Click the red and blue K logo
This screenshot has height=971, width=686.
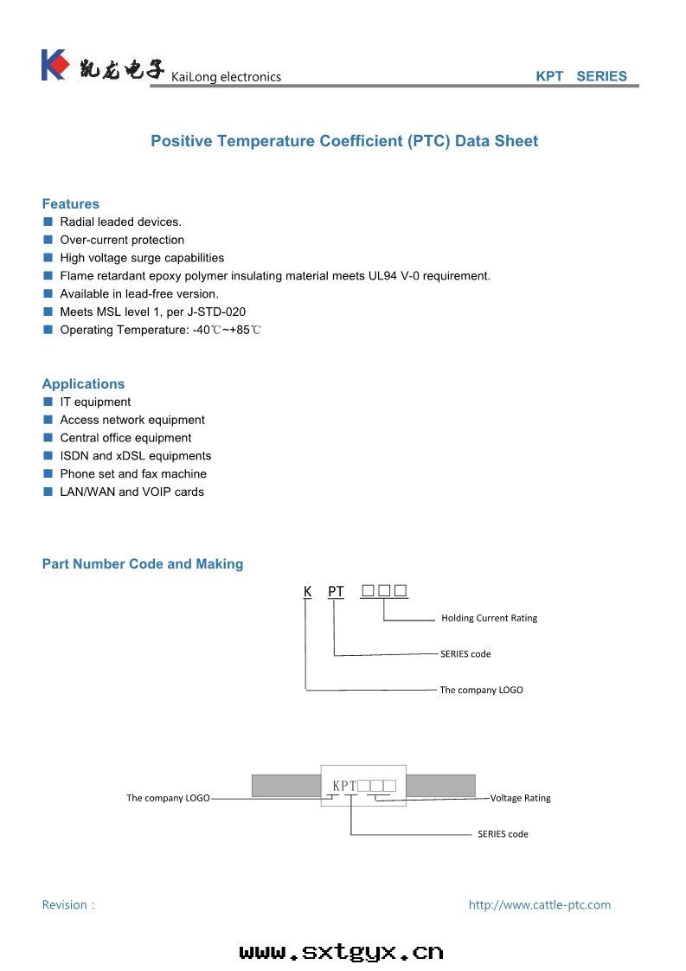coord(54,65)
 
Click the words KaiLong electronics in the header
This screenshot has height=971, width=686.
coord(227,77)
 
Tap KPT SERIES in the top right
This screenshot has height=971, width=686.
coord(581,76)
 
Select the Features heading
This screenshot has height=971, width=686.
coord(71,204)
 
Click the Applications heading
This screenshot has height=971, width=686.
coord(83,384)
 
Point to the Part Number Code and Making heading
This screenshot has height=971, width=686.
coord(143,564)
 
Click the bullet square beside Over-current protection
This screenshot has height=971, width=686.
coord(48,240)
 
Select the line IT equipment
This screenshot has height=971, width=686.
coord(95,402)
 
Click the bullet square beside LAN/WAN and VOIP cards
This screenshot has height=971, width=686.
coord(48,492)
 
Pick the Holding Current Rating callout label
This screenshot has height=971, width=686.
coord(489,618)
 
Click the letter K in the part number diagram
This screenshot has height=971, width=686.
coord(307,592)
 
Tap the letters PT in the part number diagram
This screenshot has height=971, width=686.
coord(336,592)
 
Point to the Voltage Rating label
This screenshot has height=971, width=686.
coord(520,798)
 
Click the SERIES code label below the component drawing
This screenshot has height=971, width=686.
coord(503,834)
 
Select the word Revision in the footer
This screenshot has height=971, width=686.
coord(65,905)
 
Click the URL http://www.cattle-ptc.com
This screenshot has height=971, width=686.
coord(539,905)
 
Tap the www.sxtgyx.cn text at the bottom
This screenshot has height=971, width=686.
coord(342,952)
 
